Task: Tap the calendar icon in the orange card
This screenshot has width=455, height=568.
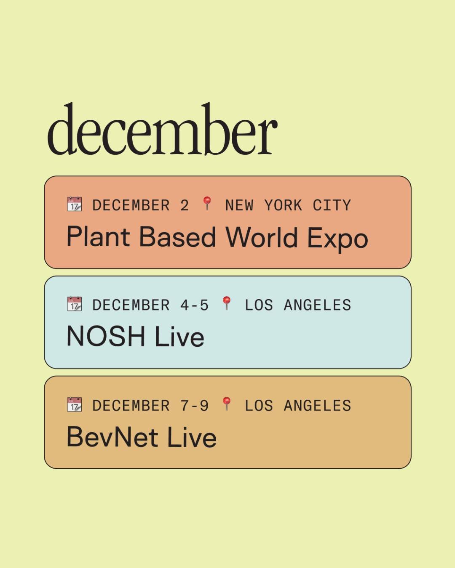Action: click(75, 204)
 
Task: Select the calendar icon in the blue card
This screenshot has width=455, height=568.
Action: click(75, 304)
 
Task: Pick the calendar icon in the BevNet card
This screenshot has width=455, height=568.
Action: click(75, 404)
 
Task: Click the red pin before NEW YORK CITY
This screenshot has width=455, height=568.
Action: click(207, 203)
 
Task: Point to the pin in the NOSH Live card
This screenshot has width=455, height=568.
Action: click(227, 303)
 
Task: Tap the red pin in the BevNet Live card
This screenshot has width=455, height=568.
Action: click(227, 403)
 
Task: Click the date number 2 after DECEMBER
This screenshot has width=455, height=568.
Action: click(185, 205)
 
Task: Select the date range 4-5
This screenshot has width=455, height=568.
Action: click(194, 305)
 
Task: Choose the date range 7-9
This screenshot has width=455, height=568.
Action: click(194, 406)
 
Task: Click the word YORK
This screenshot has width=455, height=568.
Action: click(283, 205)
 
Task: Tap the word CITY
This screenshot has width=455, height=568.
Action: click(332, 205)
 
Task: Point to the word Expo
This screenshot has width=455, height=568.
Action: click(337, 238)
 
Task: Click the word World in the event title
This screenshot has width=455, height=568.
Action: click(262, 237)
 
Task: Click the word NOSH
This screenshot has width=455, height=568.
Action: click(106, 337)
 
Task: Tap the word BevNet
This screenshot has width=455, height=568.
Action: click(112, 437)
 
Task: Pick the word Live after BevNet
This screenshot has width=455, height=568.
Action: click(192, 437)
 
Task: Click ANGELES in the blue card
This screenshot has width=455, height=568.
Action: click(317, 305)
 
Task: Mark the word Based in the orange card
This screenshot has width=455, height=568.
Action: click(177, 237)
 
